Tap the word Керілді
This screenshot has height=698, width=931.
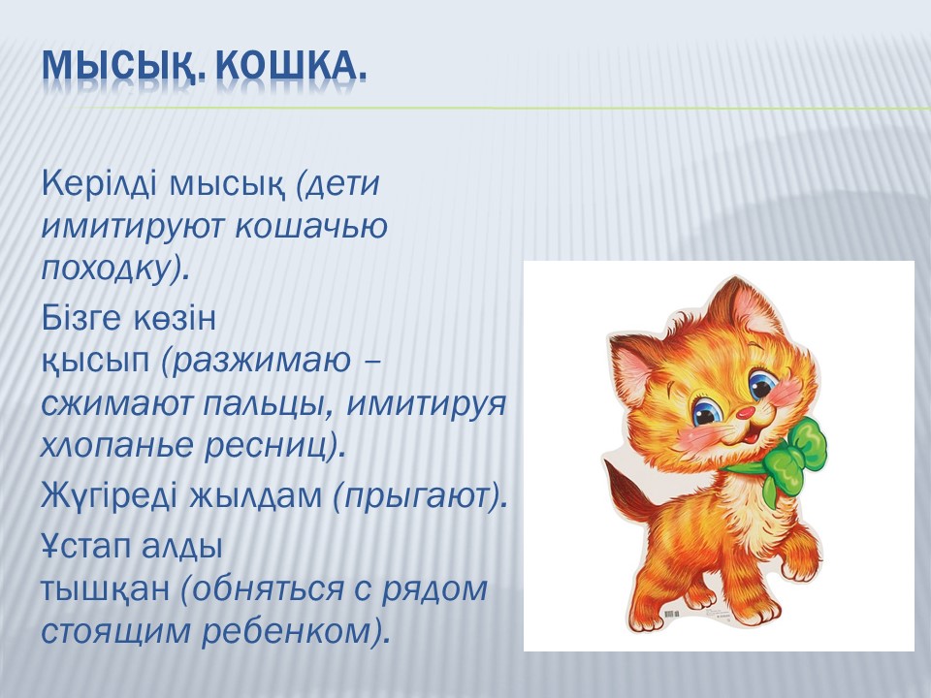pos(100,183)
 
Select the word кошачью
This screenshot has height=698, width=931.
pos(311,226)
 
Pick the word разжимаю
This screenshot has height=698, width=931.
pos(262,361)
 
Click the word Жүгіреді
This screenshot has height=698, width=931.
pos(110,495)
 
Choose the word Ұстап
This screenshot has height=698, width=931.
pos(86,546)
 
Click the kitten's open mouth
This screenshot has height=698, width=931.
pos(751,435)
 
